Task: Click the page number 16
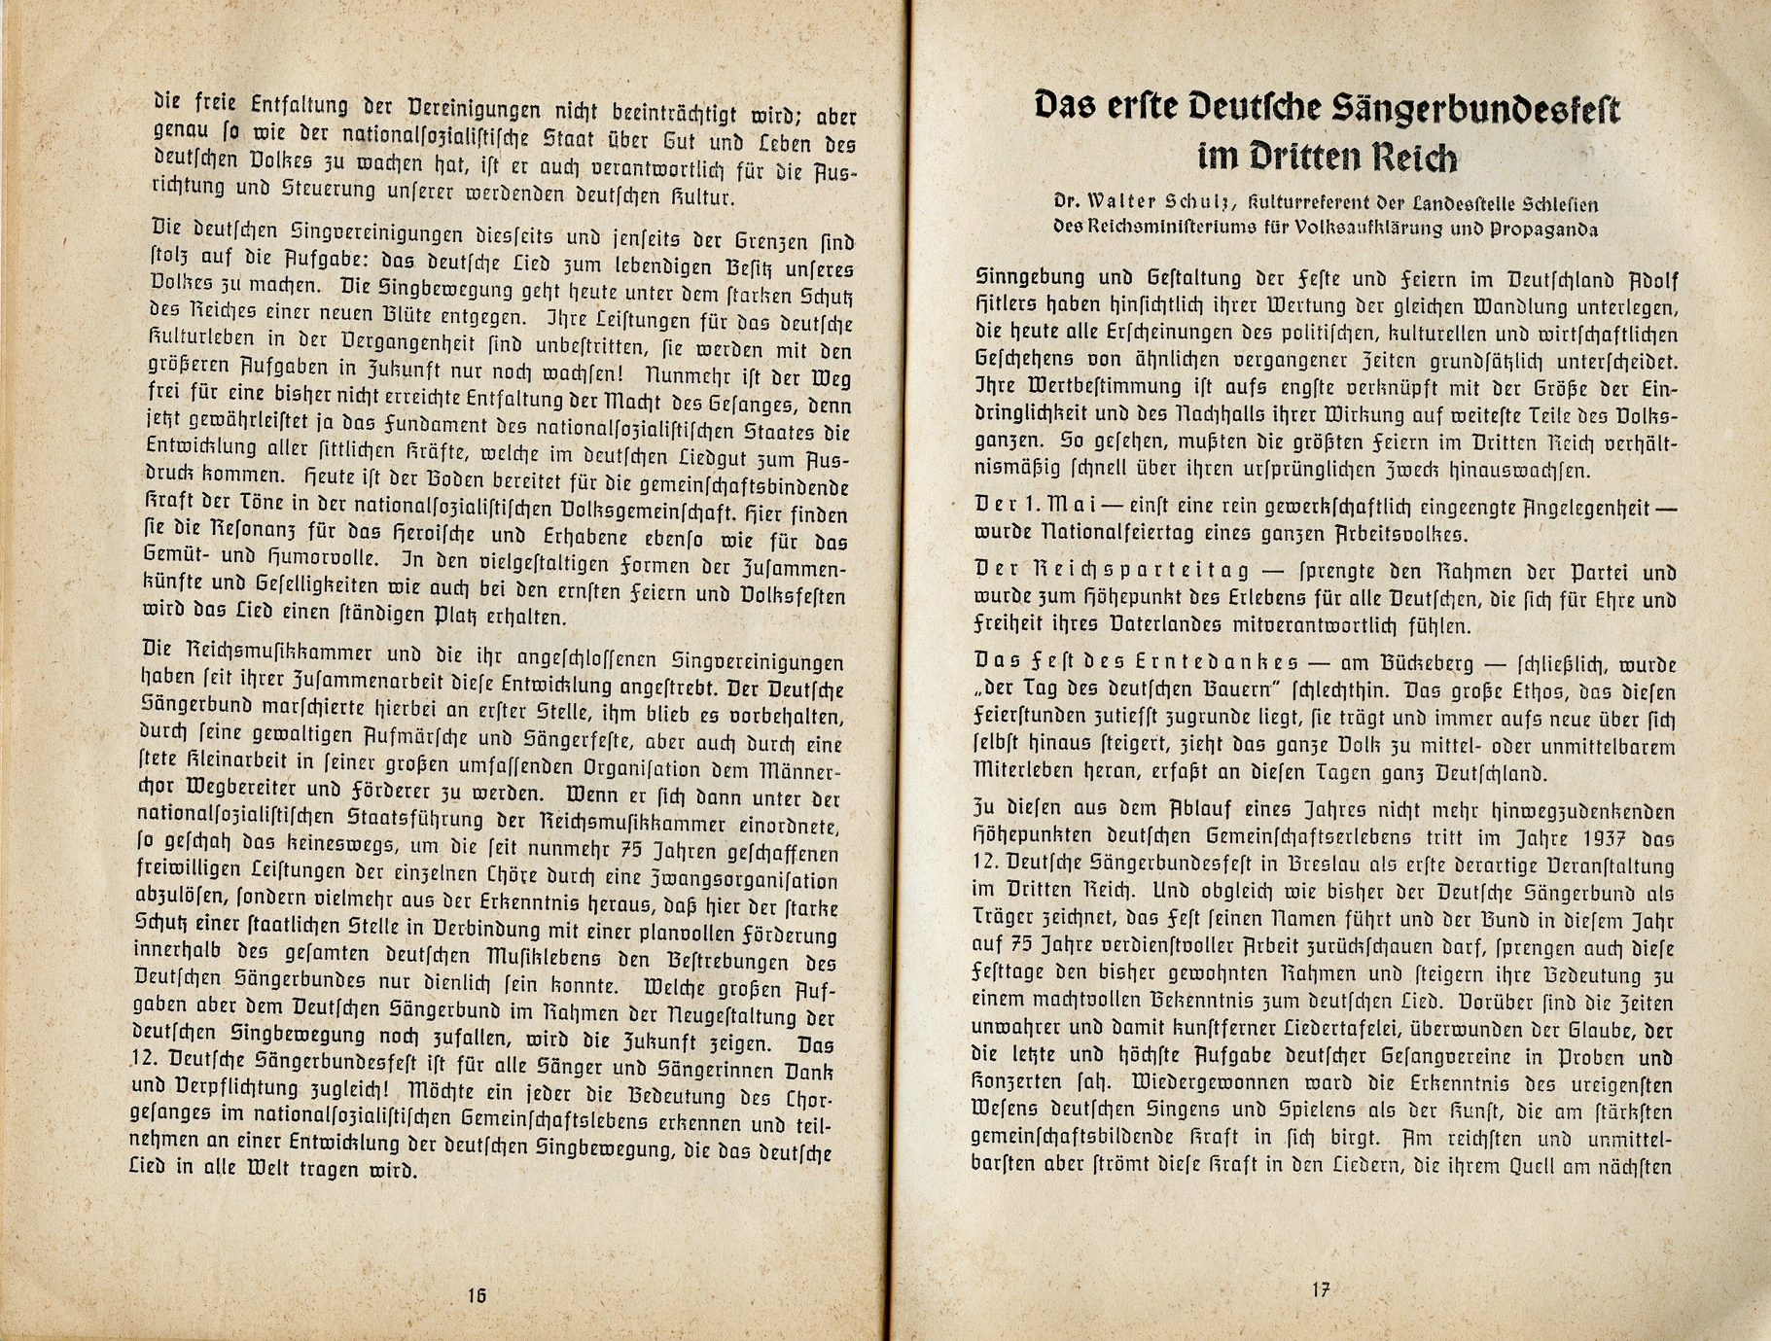[477, 1295]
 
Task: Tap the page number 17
[1320, 1289]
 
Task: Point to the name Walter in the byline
[1122, 204]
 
